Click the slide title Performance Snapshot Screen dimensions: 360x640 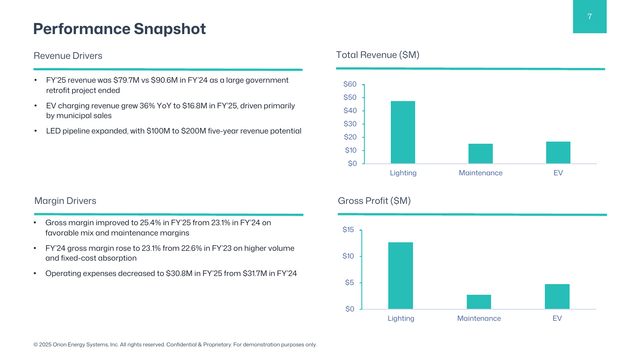tap(119, 29)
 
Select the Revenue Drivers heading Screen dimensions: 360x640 tap(68, 55)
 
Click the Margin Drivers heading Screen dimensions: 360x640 tap(65, 200)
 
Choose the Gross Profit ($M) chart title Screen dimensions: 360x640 tap(374, 200)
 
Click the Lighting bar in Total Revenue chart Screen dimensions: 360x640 tap(403, 131)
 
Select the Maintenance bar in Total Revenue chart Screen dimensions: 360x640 tap(480, 153)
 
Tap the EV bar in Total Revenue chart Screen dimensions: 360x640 tap(557, 152)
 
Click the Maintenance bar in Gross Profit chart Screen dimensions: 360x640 tap(479, 301)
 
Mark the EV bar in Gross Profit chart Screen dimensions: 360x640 tap(557, 296)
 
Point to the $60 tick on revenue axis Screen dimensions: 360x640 tap(349, 84)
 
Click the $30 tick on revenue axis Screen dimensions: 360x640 tap(349, 124)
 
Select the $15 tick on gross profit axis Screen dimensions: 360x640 tap(349, 230)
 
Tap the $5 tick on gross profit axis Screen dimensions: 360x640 tap(351, 283)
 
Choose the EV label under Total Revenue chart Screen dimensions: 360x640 tap(557, 173)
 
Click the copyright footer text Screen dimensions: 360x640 tap(174, 345)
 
